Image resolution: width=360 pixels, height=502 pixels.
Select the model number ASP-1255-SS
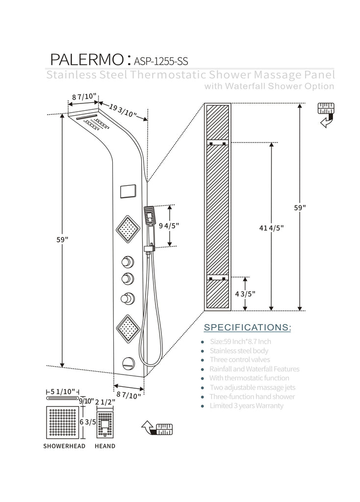point(159,61)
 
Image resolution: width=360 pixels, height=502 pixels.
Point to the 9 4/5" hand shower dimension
point(170,226)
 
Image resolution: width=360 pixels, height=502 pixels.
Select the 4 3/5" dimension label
point(245,293)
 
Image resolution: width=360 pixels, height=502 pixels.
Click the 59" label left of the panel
point(63,240)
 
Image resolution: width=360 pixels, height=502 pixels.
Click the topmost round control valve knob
point(129,261)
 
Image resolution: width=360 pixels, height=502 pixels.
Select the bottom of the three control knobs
point(129,298)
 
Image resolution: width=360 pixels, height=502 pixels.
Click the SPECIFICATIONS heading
point(247,327)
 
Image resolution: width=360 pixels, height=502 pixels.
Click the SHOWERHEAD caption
point(64,446)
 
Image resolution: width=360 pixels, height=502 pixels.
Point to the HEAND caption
point(105,446)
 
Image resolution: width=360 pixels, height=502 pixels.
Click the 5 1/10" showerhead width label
point(63,391)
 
